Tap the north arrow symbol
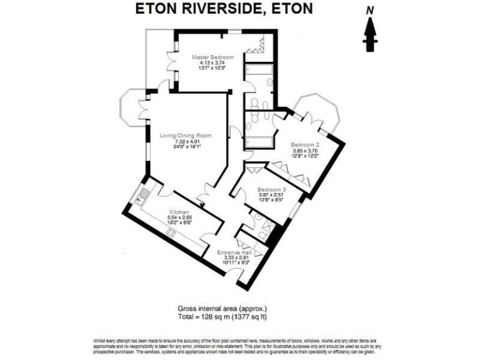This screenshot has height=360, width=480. coord(370,34)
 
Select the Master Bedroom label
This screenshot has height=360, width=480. coord(208,57)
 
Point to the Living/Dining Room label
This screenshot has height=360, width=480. coord(186,136)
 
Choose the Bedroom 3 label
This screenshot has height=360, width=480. coord(272,190)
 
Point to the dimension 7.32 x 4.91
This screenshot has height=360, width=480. coord(186,142)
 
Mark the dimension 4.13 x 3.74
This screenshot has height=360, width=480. coord(208,63)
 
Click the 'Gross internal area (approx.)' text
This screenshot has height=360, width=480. coord(222,309)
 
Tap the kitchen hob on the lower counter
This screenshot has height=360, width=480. coord(170,232)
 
